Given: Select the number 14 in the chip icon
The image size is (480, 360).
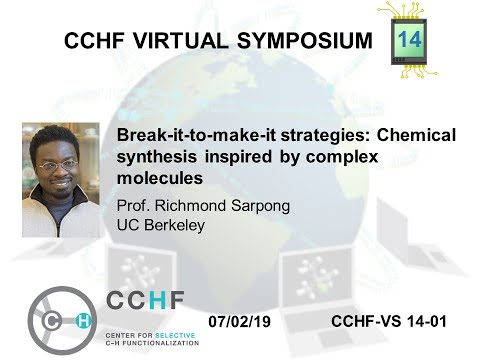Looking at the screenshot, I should click(x=410, y=40).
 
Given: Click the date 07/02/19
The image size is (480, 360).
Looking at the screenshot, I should click(x=245, y=322).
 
